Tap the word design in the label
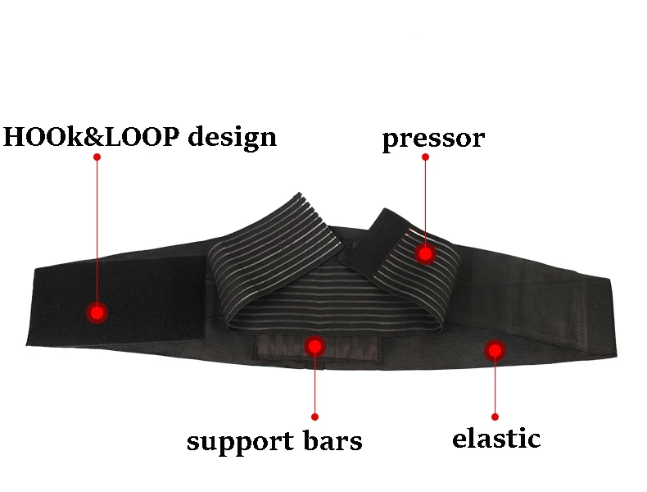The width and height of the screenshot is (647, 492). pos(233,136)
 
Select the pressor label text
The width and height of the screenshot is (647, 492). pos(433,139)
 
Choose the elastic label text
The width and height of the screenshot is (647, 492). pos(496,438)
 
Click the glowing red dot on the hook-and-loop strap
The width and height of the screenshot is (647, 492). pos(97,312)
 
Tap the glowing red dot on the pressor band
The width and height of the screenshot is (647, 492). pos(425,254)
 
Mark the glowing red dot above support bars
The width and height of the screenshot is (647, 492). pos(315,346)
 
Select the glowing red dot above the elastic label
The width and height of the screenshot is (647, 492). pos(495,351)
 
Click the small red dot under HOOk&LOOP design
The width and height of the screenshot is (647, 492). pos(97,156)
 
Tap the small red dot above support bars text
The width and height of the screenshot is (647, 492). pos(315,417)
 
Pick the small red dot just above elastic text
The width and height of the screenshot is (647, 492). pos(495,416)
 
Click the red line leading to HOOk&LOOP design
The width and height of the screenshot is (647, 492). pos(97,230)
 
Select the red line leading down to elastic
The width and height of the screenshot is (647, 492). pos(495,385)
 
